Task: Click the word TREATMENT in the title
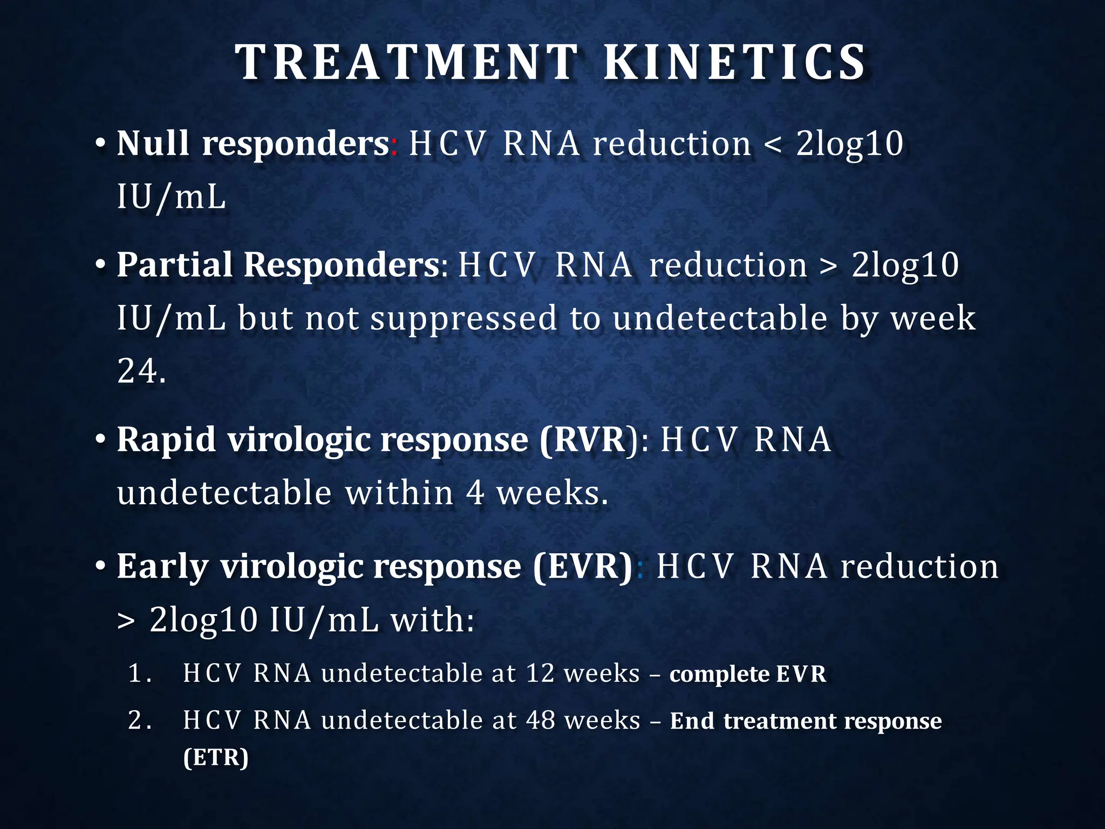[407, 63]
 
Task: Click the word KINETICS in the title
[734, 63]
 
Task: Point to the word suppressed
[463, 318]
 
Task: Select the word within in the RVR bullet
[399, 493]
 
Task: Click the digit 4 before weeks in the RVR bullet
[475, 493]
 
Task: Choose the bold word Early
[162, 567]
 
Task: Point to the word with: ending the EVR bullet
[432, 620]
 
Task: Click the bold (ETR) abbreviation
[216, 757]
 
